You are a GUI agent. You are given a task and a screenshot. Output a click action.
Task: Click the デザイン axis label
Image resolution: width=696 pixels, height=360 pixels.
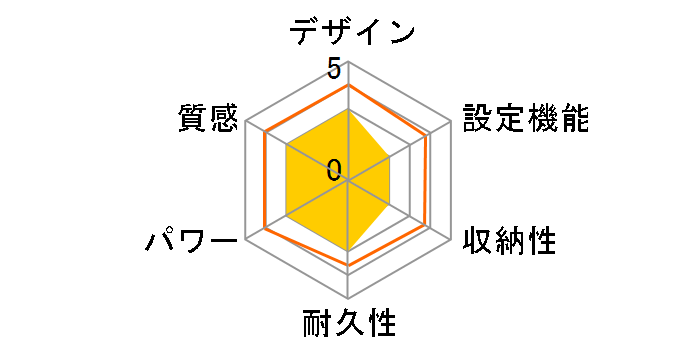352,32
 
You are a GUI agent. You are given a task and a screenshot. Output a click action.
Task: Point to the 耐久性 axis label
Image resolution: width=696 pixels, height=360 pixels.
349,325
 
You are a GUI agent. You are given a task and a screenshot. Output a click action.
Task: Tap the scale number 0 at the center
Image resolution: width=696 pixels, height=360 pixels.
334,170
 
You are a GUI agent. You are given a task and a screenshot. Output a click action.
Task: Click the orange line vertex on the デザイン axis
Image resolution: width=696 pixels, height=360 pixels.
348,86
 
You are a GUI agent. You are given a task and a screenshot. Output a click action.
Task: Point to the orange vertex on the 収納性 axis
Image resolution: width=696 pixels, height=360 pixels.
426,227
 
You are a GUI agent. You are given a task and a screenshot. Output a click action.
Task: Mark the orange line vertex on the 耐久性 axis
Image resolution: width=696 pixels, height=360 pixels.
348,265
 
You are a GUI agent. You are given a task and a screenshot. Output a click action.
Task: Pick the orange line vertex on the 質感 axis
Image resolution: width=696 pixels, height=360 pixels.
265,134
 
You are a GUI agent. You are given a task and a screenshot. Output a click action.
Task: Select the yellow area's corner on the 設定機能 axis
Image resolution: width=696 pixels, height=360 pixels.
388,158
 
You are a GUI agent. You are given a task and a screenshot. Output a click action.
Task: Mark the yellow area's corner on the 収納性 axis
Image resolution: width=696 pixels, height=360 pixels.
390,206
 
